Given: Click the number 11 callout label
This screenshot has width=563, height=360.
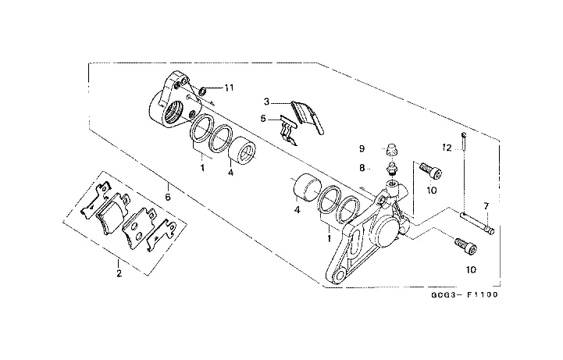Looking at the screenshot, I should coord(229,87).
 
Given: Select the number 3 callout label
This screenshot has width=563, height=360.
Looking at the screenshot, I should coord(266,102).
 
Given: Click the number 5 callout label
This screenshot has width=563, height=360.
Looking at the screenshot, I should coord(264,119).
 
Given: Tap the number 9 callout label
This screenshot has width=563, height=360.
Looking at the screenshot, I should coord(362,148).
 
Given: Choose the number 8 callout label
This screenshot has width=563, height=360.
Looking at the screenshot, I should coord(362,167).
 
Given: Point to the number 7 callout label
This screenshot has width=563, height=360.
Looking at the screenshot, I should coord(485,205).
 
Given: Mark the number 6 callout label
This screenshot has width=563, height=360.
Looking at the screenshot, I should coord(166,186).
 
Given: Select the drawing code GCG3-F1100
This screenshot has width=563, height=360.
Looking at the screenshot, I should coord(463,296).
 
